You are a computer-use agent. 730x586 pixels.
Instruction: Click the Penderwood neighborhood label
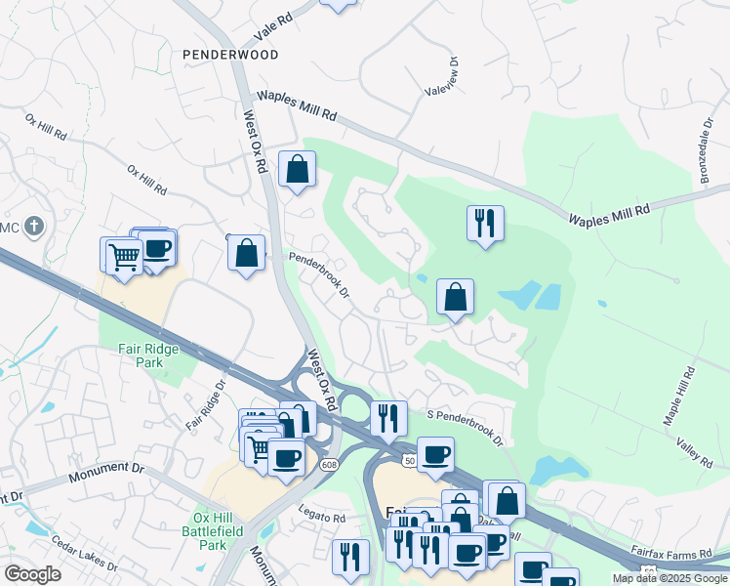229,55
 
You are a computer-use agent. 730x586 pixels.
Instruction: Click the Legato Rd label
323,519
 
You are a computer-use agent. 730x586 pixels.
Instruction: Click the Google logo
32,573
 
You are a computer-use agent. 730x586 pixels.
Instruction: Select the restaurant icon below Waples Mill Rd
484,225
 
